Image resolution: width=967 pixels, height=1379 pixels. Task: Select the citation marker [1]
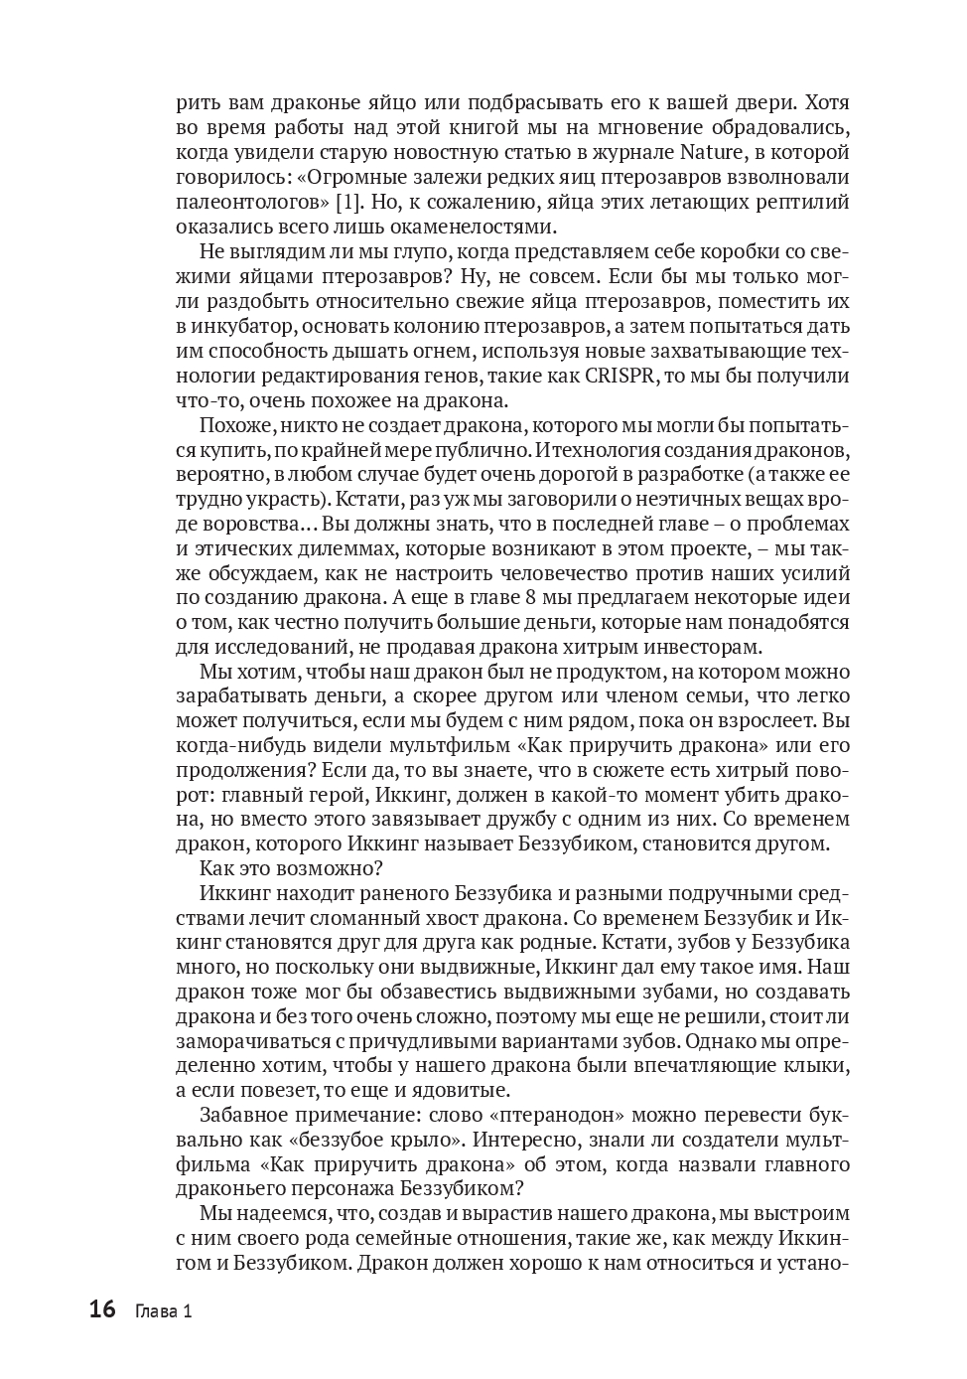(349, 202)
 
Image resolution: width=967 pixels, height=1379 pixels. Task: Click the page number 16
(102, 1310)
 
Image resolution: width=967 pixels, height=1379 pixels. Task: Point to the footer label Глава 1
(164, 1311)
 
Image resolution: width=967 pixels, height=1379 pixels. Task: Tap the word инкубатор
(245, 326)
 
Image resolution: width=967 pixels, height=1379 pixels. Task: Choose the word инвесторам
(696, 647)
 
